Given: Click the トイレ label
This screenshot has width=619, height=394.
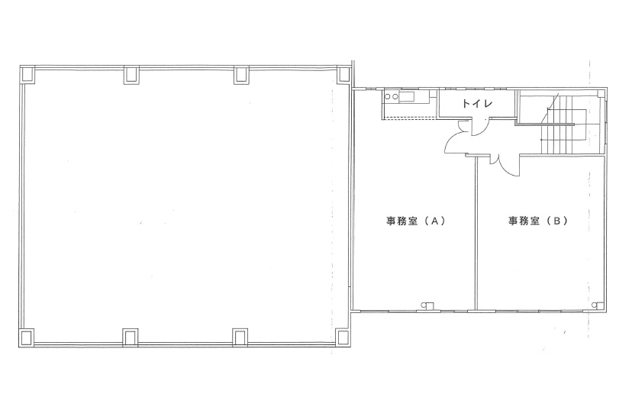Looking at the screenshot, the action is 477,104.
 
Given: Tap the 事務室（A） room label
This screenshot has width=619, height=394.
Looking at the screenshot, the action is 416,221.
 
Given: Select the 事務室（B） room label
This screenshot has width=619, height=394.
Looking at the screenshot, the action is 537,221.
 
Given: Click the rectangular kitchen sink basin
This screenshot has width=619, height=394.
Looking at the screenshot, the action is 406,97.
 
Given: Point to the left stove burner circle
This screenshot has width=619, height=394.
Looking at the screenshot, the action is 387,96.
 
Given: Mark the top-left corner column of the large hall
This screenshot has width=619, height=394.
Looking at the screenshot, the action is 27,75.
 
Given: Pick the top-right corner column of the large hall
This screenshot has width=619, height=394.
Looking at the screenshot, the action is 343,74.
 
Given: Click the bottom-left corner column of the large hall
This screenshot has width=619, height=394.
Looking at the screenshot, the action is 27,338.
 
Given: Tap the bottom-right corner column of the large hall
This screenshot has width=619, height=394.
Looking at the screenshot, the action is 343,338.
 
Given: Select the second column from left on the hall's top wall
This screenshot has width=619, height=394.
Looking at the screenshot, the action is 131,75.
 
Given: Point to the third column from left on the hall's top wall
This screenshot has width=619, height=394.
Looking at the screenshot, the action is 242,75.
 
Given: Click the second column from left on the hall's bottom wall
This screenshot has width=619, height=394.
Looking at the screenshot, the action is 131,338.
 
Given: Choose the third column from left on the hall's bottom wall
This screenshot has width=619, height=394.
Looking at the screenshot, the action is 240,338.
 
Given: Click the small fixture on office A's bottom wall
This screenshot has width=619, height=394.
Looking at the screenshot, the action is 428,305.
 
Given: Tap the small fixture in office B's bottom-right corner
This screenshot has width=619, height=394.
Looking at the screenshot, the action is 598,305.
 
